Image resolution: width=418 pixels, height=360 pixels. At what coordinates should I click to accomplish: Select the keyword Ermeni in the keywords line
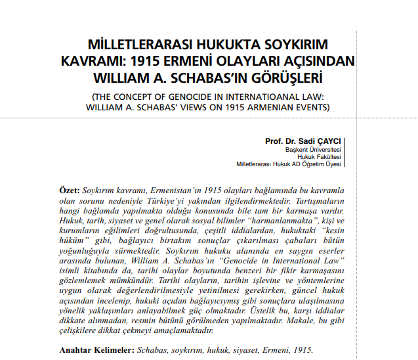[265, 350]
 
